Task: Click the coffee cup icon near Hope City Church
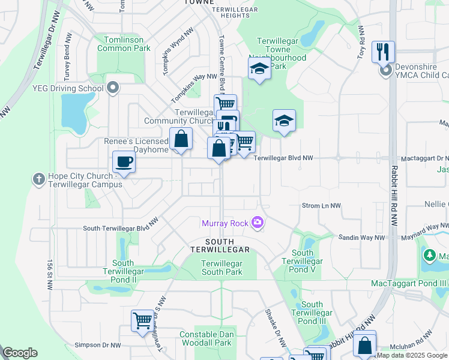124,162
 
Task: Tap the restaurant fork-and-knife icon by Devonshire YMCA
383,52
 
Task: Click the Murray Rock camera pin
258,223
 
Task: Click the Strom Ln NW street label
321,206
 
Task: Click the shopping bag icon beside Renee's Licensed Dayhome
181,139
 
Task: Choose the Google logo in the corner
20,353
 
